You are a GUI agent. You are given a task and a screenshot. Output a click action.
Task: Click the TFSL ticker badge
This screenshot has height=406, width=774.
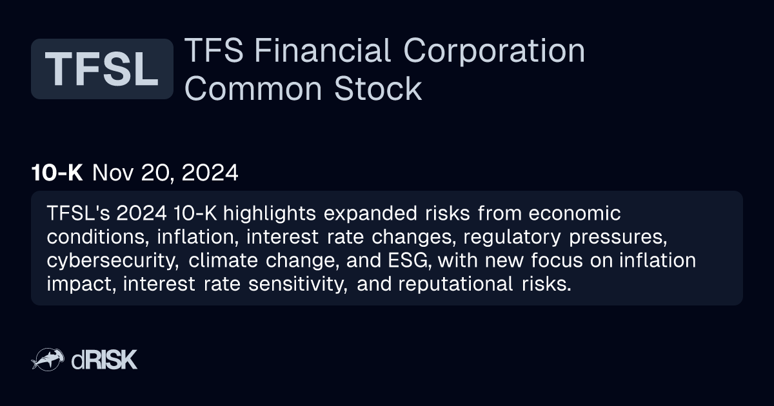click(x=102, y=69)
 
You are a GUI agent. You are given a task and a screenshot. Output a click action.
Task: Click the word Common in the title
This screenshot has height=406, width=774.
click(x=253, y=89)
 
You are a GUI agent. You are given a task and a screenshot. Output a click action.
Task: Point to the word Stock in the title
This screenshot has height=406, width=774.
click(x=378, y=89)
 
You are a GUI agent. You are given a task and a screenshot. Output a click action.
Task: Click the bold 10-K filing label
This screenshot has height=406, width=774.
click(x=57, y=172)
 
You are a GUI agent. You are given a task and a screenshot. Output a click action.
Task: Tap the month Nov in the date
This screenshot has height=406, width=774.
click(x=113, y=172)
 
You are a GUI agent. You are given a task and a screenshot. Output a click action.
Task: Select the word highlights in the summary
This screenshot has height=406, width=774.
click(x=270, y=214)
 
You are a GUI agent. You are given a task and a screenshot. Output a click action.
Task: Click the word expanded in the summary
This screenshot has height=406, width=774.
click(x=370, y=214)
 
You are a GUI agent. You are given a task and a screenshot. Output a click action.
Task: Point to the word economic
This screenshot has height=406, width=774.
click(x=575, y=213)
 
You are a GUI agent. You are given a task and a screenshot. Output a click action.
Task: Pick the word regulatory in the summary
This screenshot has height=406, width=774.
click(x=512, y=238)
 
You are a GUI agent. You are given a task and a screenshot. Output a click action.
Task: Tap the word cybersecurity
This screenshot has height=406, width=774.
click(x=113, y=261)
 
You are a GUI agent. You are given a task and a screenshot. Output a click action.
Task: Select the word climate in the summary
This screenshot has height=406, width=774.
click(x=223, y=260)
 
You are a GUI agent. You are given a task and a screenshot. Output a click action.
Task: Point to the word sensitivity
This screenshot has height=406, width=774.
click(x=298, y=284)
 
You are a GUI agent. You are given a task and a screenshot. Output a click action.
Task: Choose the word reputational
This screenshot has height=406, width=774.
click(x=455, y=284)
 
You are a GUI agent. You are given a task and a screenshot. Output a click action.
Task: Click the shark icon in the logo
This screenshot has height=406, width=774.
click(x=48, y=360)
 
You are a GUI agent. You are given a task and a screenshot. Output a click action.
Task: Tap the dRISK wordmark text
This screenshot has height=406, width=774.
click(x=104, y=360)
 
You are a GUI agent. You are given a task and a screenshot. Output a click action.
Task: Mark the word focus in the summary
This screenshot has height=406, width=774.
click(x=557, y=260)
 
